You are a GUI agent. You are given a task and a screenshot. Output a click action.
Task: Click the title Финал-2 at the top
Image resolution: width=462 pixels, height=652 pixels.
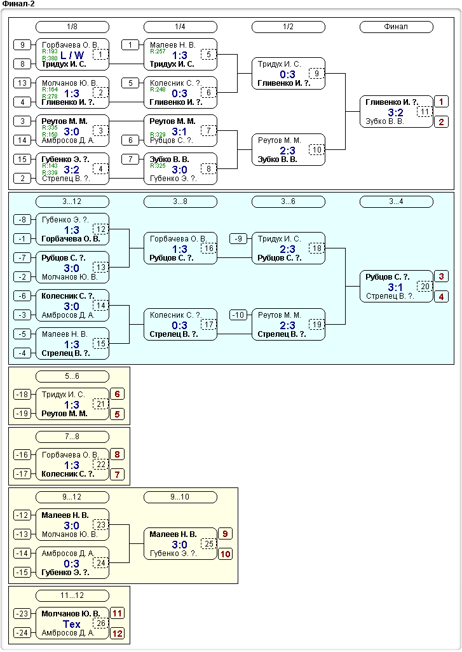[18, 4]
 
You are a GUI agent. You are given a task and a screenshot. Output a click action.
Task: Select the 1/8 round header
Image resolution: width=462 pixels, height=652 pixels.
[72, 27]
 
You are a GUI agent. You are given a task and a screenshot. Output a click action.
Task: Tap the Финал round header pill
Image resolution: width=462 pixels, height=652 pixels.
[397, 27]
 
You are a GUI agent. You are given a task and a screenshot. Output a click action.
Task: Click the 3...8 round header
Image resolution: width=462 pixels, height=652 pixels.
[180, 201]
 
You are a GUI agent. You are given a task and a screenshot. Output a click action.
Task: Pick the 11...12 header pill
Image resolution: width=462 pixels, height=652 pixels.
[72, 595]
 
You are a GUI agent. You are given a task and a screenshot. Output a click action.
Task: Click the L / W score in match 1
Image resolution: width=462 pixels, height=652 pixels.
[72, 55]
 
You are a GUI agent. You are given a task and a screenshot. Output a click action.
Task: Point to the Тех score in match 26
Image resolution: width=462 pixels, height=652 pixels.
[72, 624]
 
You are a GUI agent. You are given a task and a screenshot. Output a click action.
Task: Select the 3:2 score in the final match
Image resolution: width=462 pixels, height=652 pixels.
[395, 112]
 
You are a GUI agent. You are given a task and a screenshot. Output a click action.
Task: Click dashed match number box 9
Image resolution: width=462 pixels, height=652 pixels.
[316, 74]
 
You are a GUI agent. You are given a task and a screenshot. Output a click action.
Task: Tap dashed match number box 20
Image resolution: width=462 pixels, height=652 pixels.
[425, 286]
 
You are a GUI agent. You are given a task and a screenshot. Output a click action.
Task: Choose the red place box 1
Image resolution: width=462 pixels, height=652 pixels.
[441, 102]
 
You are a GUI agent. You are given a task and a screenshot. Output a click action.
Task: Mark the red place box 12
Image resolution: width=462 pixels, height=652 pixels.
[118, 634]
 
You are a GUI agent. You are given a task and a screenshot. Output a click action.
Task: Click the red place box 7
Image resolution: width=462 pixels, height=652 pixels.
[118, 475]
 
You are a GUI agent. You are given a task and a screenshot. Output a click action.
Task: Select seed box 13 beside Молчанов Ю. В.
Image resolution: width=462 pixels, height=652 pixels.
[22, 83]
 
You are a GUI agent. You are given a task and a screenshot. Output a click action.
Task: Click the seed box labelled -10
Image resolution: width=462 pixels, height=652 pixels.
[238, 315]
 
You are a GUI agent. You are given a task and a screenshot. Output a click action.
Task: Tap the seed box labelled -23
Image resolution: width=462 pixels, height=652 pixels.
[22, 613]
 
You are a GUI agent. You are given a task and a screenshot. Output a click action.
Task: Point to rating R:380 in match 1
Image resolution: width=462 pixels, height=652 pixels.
[50, 58]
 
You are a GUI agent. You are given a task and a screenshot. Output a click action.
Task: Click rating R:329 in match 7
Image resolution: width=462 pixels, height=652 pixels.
[158, 134]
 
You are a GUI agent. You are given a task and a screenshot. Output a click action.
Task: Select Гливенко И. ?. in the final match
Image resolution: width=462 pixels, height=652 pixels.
[391, 102]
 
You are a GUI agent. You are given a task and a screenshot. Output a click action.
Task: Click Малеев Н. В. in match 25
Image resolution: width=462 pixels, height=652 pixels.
[173, 534]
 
